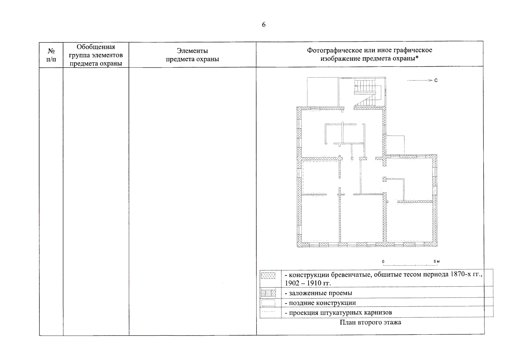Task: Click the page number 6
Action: click(x=264, y=25)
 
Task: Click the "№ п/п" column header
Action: click(x=51, y=55)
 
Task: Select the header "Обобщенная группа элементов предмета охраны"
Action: click(x=96, y=55)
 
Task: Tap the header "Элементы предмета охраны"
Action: click(x=192, y=55)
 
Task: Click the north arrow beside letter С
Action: click(x=420, y=80)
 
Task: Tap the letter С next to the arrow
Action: click(x=436, y=80)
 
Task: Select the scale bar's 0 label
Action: click(x=383, y=262)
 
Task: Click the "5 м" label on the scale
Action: click(x=436, y=262)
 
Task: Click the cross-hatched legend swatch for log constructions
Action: click(x=268, y=276)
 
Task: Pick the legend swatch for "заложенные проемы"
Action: click(x=268, y=293)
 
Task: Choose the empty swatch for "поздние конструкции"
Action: click(x=268, y=303)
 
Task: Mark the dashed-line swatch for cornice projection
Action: click(x=268, y=312)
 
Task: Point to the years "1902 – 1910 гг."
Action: click(x=308, y=283)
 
